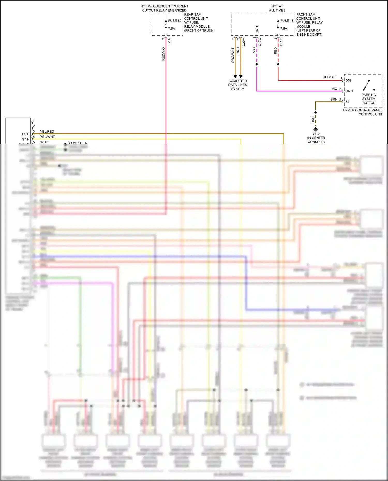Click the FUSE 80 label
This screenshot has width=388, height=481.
point(175,21)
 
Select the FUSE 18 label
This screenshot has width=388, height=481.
point(287,21)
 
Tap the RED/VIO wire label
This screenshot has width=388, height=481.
point(163,54)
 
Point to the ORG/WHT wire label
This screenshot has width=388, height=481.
point(233,55)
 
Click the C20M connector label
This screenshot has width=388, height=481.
point(244,42)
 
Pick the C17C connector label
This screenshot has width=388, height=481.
point(260,42)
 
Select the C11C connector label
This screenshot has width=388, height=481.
point(281,42)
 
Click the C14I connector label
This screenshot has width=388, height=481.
point(169,41)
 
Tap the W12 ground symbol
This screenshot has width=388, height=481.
point(315,129)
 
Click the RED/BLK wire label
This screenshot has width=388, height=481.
point(330,77)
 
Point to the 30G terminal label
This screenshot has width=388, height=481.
point(348,80)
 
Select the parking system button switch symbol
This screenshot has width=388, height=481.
point(367,85)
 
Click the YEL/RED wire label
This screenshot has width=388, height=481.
point(47,132)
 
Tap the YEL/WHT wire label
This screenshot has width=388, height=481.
point(47,137)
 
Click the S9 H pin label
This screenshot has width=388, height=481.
point(26,134)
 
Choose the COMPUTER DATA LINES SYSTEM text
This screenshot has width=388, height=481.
point(237,85)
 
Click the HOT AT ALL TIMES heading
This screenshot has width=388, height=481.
point(277,8)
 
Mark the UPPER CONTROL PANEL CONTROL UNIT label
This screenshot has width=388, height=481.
point(362,112)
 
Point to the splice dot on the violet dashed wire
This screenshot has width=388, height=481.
point(257,64)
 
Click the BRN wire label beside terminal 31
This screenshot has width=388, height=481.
point(334,100)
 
